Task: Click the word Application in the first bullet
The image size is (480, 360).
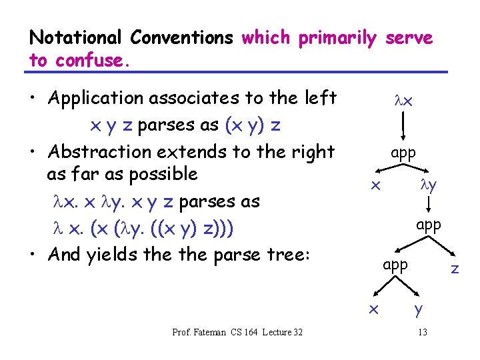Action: [x=97, y=99]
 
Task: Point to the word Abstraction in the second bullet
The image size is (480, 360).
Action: [x=97, y=152]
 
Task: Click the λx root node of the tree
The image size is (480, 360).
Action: [x=403, y=102]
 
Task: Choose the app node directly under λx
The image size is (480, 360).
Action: [x=403, y=153]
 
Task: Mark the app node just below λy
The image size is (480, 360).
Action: [x=429, y=225]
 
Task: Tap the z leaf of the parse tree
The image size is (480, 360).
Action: [x=455, y=269]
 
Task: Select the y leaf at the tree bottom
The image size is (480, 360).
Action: [x=418, y=309]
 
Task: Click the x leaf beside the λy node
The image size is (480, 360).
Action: [x=376, y=185]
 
